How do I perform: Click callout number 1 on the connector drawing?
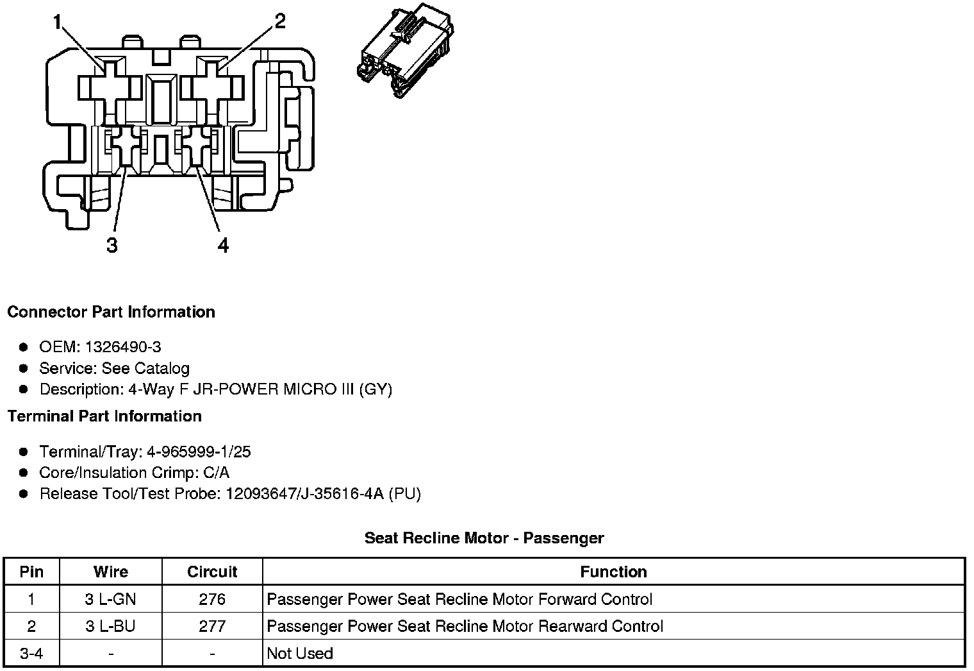(x=58, y=23)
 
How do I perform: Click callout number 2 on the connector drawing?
(x=279, y=22)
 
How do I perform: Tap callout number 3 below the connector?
(x=112, y=245)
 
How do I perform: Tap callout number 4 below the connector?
(x=222, y=245)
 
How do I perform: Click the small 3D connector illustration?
(x=404, y=52)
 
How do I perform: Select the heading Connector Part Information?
(x=111, y=312)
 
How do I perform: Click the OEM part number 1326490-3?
(x=122, y=347)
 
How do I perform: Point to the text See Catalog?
(x=145, y=368)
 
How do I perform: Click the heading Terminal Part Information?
(x=104, y=416)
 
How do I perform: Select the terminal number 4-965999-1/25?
(x=199, y=452)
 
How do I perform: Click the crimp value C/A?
(x=215, y=473)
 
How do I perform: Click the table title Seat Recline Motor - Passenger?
(x=484, y=538)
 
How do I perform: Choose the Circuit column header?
(x=212, y=572)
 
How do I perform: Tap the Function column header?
(x=613, y=572)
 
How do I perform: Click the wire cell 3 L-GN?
(x=110, y=599)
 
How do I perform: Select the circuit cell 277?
(x=212, y=626)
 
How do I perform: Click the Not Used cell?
(x=300, y=654)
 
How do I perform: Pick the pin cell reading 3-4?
(x=31, y=654)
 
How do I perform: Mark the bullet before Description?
(x=24, y=389)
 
